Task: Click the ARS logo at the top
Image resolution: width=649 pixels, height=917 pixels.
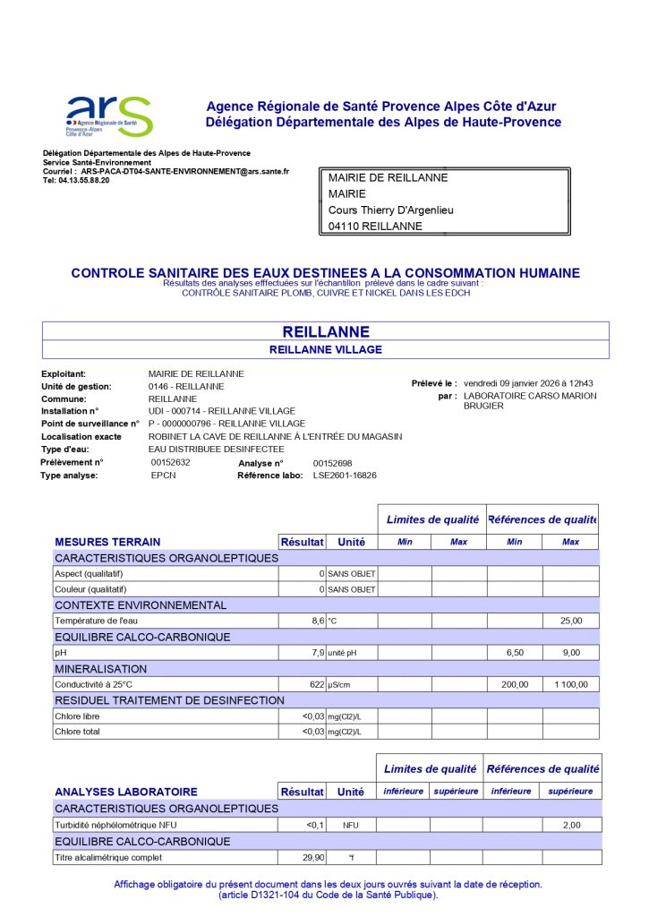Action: click(109, 115)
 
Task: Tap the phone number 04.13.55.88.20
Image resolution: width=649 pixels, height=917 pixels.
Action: click(84, 180)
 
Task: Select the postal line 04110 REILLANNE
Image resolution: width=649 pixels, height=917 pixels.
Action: click(375, 227)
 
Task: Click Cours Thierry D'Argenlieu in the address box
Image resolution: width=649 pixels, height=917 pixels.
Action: click(391, 210)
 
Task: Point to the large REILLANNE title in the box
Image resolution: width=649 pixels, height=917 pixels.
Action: click(325, 331)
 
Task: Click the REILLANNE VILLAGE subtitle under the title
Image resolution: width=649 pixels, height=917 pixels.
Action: click(325, 349)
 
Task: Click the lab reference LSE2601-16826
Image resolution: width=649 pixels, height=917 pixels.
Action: click(345, 476)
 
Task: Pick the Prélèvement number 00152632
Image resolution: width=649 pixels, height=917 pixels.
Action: click(171, 462)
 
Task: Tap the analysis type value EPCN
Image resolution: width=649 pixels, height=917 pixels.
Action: click(163, 476)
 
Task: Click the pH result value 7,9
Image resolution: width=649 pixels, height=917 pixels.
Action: click(316, 653)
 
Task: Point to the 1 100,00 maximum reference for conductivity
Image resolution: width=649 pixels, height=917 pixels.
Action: click(570, 685)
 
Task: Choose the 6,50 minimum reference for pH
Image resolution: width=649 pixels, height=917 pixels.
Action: click(515, 653)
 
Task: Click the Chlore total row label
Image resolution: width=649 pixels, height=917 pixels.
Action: click(77, 732)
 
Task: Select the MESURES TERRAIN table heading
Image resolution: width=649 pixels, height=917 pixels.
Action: click(107, 542)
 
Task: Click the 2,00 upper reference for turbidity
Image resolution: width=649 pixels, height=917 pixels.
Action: click(571, 825)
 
